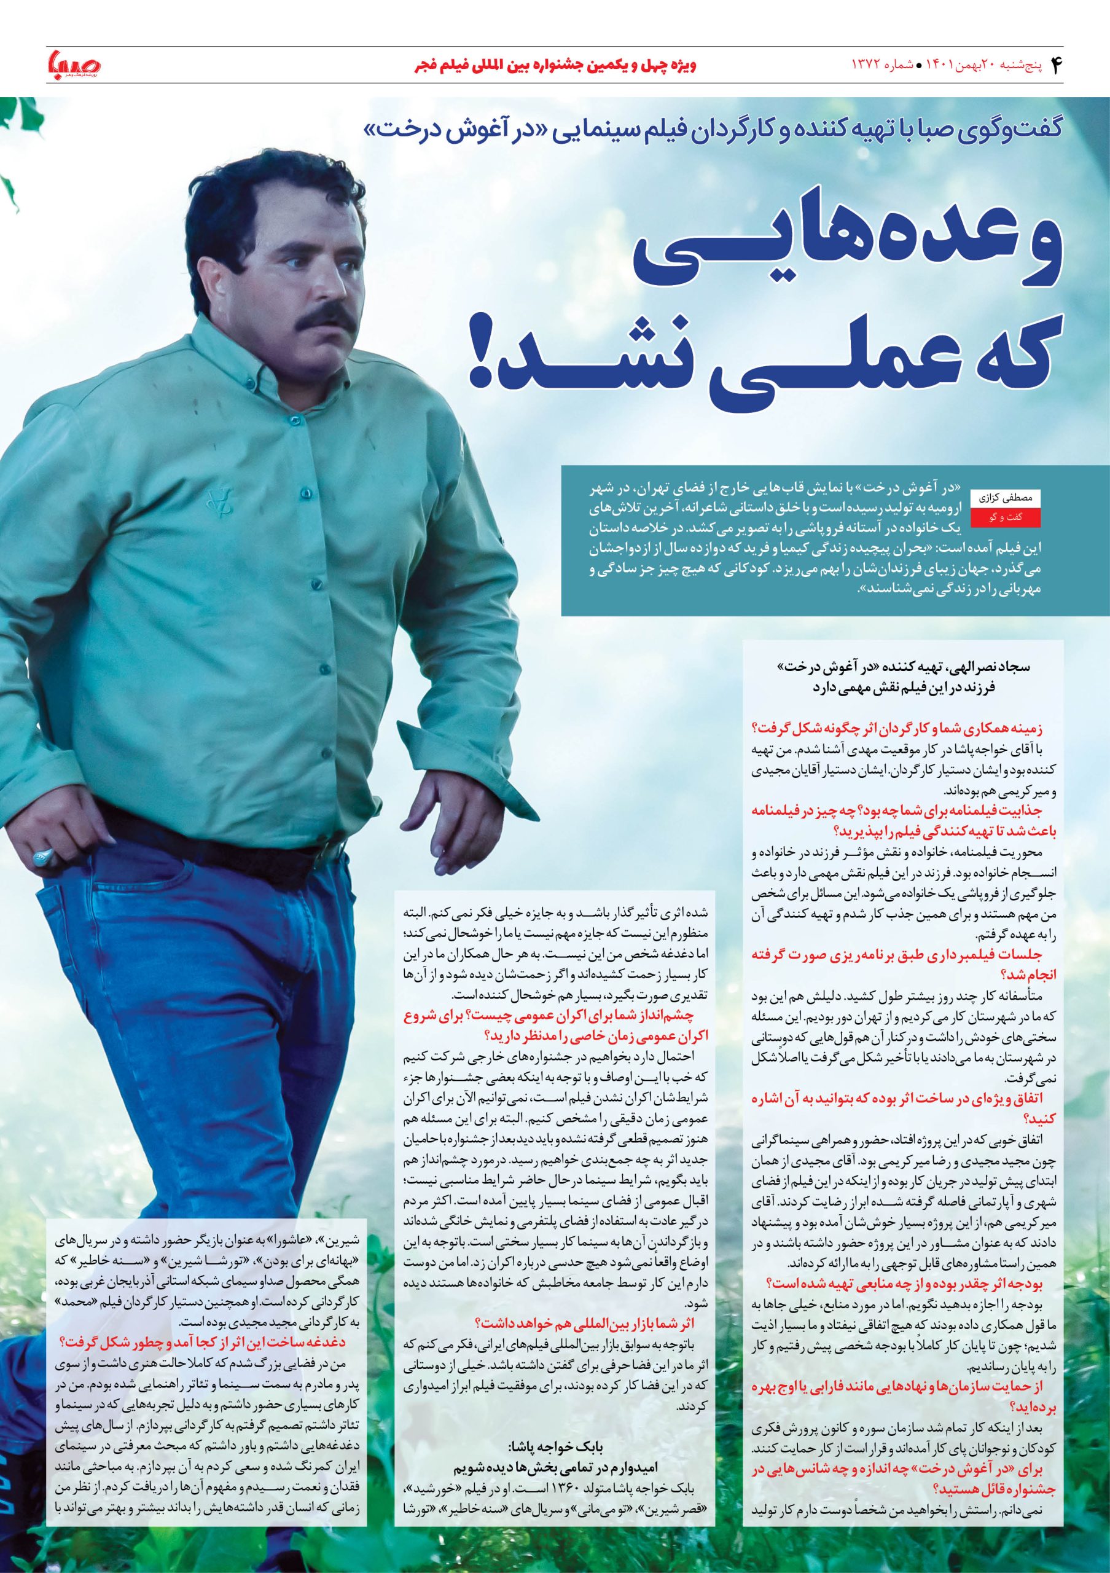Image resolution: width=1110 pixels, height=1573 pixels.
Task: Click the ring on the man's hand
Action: click(42, 854)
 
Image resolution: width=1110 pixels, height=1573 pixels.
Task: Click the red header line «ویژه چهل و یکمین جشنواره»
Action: click(555, 66)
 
